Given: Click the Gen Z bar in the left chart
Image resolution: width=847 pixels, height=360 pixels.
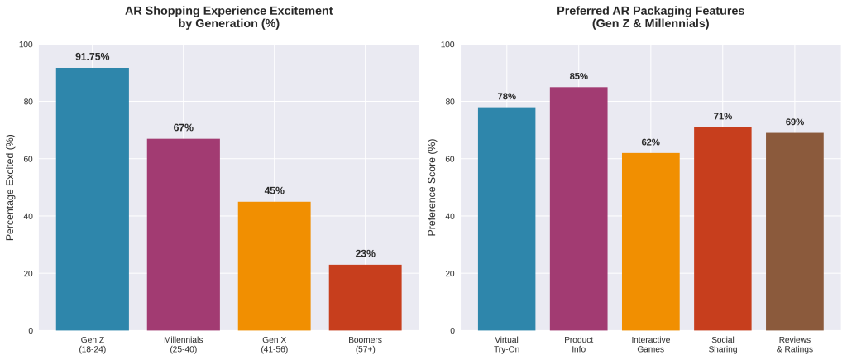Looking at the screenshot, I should pos(92,199).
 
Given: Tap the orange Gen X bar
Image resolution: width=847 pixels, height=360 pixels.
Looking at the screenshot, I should pos(274,266).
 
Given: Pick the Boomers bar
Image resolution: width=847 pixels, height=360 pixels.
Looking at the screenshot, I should pos(365,297).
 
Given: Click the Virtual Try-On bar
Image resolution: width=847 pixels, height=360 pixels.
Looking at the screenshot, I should pos(506,218).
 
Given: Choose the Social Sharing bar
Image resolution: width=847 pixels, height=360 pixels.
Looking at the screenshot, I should pos(722,228).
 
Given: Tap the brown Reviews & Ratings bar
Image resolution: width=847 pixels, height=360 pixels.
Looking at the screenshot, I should pos(794,232).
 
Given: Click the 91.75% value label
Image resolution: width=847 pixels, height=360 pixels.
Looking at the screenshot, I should pos(92,57).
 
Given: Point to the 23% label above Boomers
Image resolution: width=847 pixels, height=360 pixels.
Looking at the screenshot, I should pos(365,253).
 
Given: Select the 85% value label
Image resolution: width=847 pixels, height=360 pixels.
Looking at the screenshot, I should pos(578,76).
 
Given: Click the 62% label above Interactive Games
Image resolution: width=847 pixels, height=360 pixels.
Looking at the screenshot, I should pos(650,142).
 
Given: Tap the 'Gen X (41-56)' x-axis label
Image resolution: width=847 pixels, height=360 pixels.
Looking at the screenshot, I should pos(274,344).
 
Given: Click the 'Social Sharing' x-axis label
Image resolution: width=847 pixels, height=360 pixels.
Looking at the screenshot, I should pos(722,344).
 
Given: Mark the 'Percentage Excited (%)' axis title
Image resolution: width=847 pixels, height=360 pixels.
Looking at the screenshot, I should pos(11,187).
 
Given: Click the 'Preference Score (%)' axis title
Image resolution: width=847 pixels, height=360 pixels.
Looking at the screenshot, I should pos(432,187).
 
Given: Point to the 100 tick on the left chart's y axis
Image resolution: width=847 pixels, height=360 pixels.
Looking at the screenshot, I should pos(26,45).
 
